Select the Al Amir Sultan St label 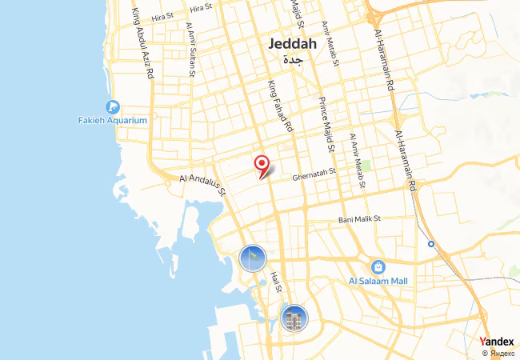pyautogui.click(x=190, y=49)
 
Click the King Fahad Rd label pyautogui.click(x=280, y=106)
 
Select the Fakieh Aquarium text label pyautogui.click(x=113, y=121)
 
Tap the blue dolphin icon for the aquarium pyautogui.click(x=113, y=107)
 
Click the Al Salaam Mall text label pyautogui.click(x=378, y=281)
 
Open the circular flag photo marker pyautogui.click(x=252, y=258)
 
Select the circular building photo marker pyautogui.click(x=294, y=318)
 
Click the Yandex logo pyautogui.click(x=496, y=342)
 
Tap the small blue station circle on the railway pyautogui.click(x=431, y=243)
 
